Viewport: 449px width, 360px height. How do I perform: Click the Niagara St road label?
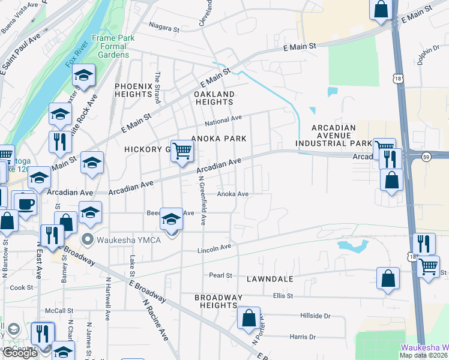(164, 28)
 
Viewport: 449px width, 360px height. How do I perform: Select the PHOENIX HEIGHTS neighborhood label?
(133, 90)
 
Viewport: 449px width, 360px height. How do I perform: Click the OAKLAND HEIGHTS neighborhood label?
(214, 98)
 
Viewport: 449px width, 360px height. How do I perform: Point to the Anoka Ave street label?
(232, 194)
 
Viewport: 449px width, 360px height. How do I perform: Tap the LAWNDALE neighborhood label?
(270, 279)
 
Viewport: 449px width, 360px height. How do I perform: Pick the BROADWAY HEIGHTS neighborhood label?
(218, 302)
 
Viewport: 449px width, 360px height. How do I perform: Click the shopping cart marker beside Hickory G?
(182, 151)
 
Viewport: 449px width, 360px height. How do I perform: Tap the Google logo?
(20, 353)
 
